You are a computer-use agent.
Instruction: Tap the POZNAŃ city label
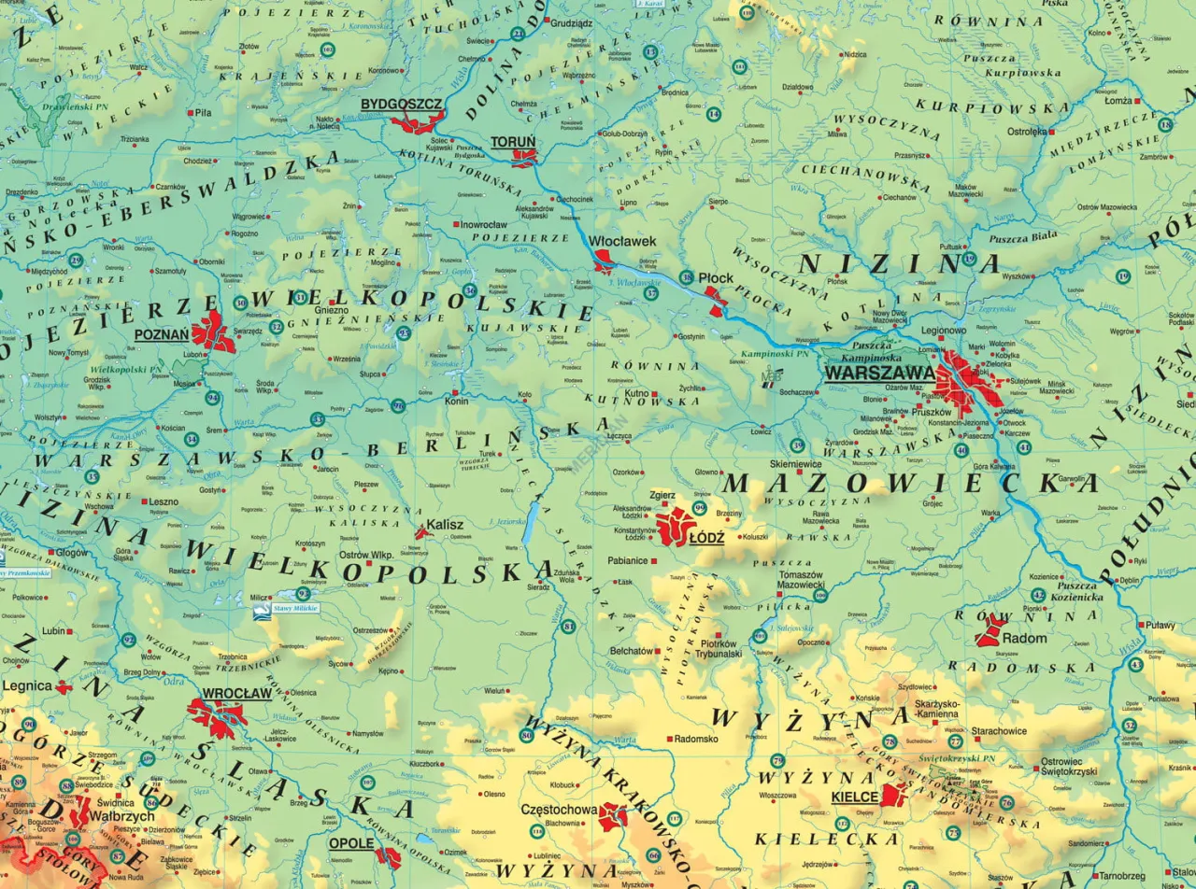[162, 334]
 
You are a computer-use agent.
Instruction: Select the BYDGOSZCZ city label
[402, 104]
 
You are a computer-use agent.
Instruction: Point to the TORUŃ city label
[513, 142]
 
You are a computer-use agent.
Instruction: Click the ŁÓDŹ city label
[706, 539]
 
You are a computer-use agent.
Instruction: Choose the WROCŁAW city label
[235, 694]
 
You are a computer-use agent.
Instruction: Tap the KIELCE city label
[854, 797]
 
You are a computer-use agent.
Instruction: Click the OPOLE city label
[350, 843]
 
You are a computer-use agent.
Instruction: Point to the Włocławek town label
[623, 241]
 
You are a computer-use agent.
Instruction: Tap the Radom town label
[1022, 639]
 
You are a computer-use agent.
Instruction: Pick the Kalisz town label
[445, 525]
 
